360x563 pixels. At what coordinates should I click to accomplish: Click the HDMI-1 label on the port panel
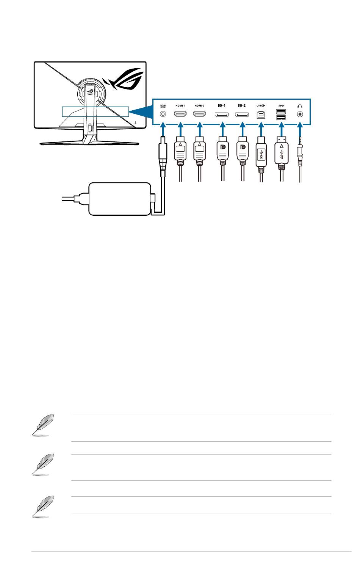pyautogui.click(x=180, y=106)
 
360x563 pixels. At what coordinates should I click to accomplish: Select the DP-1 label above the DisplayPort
pyautogui.click(x=221, y=106)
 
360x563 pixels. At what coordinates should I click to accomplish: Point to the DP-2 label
pyautogui.click(x=242, y=106)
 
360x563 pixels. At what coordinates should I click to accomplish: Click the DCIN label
pyautogui.click(x=163, y=106)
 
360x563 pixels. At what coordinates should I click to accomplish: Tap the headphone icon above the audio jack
pyautogui.click(x=301, y=106)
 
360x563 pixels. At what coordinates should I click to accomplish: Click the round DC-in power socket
pyautogui.click(x=163, y=114)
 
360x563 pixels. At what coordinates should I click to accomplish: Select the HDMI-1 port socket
pyautogui.click(x=180, y=114)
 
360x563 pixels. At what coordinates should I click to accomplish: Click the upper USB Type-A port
pyautogui.click(x=281, y=111)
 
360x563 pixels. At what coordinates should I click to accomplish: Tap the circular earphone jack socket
pyautogui.click(x=301, y=114)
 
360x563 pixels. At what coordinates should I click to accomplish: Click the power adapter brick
pyautogui.click(x=119, y=198)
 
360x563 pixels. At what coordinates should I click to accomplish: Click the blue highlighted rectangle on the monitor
pyautogui.click(x=95, y=111)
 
